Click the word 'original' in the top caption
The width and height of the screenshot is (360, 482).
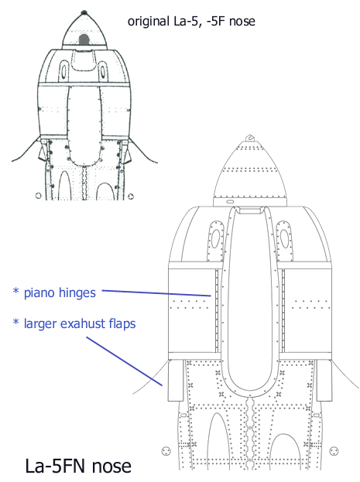(148, 22)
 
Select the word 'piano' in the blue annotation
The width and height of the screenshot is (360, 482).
(39, 293)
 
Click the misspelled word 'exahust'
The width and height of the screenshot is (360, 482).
(79, 323)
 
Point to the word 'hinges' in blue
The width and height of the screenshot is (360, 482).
(77, 293)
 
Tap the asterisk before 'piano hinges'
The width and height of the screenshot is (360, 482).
(16, 290)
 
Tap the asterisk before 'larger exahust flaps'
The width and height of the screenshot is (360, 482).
(16, 322)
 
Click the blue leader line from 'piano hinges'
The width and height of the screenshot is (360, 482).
(156, 293)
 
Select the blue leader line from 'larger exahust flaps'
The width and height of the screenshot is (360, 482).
(124, 361)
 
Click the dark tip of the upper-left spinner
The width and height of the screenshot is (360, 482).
(84, 12)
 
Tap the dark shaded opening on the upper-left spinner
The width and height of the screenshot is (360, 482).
(84, 39)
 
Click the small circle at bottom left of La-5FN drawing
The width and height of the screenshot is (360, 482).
(166, 451)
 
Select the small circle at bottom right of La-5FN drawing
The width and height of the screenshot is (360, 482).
(334, 451)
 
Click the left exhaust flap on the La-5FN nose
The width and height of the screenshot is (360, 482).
(176, 381)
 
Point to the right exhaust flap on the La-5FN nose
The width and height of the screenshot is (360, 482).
(324, 381)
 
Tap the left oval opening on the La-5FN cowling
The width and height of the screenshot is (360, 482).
(215, 240)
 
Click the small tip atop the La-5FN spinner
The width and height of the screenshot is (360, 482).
(250, 138)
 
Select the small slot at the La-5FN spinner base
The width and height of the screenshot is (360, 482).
(229, 202)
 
